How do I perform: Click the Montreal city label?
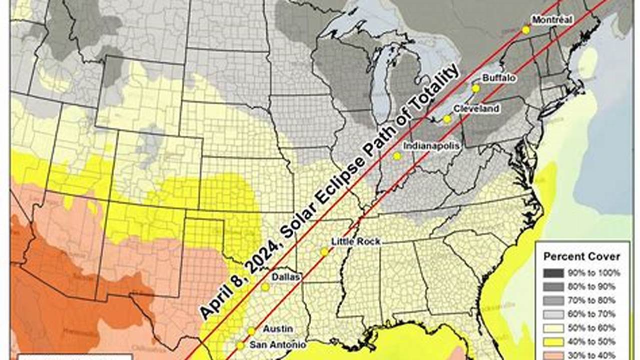[x=552, y=19]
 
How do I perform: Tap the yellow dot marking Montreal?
[x=526, y=30]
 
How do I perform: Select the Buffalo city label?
[x=499, y=78]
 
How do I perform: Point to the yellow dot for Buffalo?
[x=475, y=88]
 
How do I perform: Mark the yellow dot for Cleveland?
[x=447, y=119]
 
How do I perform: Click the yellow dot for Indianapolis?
[x=397, y=156]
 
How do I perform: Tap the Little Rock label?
[x=356, y=241]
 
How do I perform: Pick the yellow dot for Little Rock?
[x=324, y=252]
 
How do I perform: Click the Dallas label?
[x=286, y=276]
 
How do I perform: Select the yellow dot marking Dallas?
[x=265, y=287]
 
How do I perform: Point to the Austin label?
[x=278, y=328]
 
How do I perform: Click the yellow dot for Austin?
[x=251, y=331]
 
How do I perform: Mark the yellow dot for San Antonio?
[x=240, y=345]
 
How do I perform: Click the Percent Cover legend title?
[x=582, y=256]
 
